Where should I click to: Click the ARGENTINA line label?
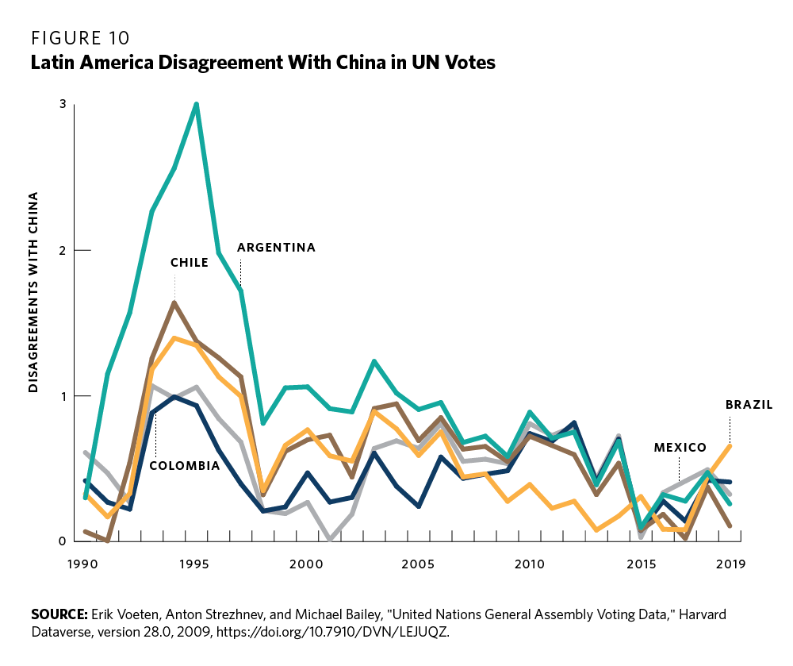(x=276, y=248)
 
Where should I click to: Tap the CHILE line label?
(x=189, y=263)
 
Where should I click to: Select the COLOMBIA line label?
(x=185, y=466)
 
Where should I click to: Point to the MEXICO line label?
(x=680, y=448)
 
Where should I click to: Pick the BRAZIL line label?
(x=749, y=405)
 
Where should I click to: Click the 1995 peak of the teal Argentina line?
(x=196, y=104)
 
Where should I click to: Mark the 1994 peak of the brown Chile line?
(x=174, y=302)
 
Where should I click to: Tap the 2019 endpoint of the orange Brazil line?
(x=730, y=445)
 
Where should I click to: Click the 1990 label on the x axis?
(x=83, y=564)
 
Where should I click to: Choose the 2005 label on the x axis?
(x=418, y=564)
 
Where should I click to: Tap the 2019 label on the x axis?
(x=729, y=564)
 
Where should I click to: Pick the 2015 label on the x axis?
(x=641, y=564)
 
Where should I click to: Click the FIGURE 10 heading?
(x=80, y=38)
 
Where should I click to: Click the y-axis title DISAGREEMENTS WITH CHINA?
(x=34, y=292)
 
